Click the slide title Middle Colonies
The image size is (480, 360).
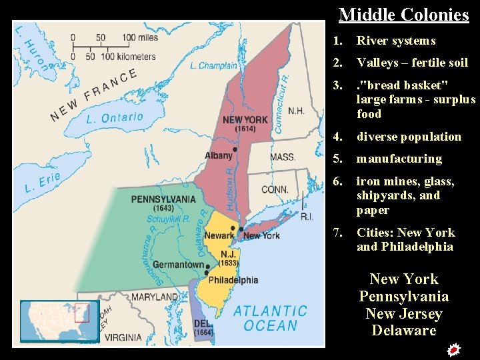pyautogui.click(x=403, y=15)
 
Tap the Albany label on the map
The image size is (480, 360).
pyautogui.click(x=219, y=155)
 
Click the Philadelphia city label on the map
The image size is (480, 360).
pyautogui.click(x=233, y=281)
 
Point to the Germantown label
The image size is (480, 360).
pyautogui.click(x=178, y=265)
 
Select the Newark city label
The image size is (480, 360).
pyautogui.click(x=219, y=235)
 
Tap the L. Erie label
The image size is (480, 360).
pyautogui.click(x=42, y=183)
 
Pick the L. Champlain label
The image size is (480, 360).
pyautogui.click(x=213, y=65)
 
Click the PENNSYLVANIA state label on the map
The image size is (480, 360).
pyautogui.click(x=163, y=199)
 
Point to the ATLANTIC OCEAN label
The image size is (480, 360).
pyautogui.click(x=270, y=318)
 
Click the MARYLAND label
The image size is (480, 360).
pyautogui.click(x=154, y=297)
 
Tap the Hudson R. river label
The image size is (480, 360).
pyautogui.click(x=230, y=189)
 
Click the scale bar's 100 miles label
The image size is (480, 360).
pyautogui.click(x=139, y=38)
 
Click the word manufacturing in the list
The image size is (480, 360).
pyautogui.click(x=399, y=159)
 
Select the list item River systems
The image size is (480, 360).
pyautogui.click(x=395, y=41)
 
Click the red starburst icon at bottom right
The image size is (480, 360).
pyautogui.click(x=453, y=349)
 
